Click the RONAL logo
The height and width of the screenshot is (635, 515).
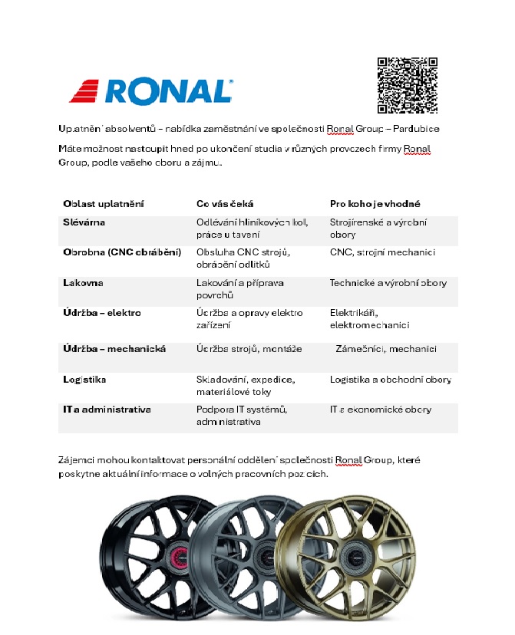[x=151, y=90]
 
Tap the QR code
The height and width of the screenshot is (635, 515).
[x=408, y=84]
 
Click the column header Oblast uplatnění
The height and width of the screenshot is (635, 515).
[x=104, y=204]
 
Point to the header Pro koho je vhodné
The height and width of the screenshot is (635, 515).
[x=375, y=204]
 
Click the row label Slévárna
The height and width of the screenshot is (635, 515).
[x=84, y=222]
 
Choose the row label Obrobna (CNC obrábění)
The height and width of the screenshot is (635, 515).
[x=122, y=252]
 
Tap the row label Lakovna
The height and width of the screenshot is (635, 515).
[x=83, y=283]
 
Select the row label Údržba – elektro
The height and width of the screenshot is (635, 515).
[x=102, y=313]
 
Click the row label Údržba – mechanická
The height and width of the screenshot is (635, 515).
[x=114, y=349]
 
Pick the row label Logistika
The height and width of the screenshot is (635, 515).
[x=84, y=379]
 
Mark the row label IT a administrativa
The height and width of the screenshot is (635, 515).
[x=107, y=410]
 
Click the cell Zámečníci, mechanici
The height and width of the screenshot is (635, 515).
[x=386, y=349]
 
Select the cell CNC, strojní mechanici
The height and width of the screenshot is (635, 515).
[x=382, y=252]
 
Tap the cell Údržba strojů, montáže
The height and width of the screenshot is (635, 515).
[x=249, y=349]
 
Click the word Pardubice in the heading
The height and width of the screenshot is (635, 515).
[x=418, y=128]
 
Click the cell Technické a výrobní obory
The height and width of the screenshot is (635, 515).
[x=388, y=283]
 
